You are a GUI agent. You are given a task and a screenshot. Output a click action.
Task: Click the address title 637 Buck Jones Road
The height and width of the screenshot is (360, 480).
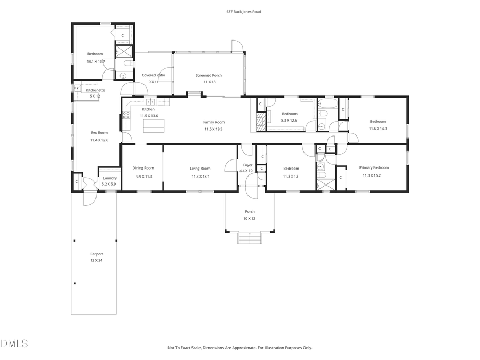pos(239,11)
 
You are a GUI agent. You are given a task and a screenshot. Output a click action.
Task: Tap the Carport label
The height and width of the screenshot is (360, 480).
pos(97,254)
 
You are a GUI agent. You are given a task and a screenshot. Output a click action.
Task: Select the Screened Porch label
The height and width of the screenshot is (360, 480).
pos(209,75)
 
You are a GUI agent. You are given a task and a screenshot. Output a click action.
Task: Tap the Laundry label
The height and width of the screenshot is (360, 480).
pos(110,178)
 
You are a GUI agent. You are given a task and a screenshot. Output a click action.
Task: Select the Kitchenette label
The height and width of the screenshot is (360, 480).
pos(95,90)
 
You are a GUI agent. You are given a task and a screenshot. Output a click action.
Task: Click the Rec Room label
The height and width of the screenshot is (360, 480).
pos(99,133)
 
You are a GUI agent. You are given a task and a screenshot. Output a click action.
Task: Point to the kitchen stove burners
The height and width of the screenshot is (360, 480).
pos(126,115)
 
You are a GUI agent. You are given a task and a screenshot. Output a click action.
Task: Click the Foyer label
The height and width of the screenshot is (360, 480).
pos(248,165)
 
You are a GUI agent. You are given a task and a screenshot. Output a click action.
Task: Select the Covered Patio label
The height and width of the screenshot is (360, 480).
pos(153,75)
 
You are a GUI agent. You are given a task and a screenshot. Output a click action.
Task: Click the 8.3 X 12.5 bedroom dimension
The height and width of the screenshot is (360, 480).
pos(290,121)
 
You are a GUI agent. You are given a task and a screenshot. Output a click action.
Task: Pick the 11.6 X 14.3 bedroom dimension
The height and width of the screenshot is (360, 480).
pos(378,128)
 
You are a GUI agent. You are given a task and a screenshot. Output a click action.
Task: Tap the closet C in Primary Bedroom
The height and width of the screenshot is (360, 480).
pos(340,177)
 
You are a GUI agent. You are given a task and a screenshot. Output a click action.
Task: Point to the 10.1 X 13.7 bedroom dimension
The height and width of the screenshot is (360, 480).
pos(95,61)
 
